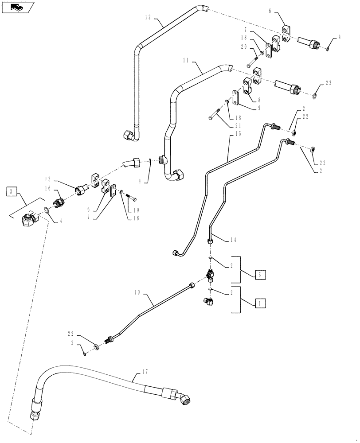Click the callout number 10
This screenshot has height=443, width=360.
(137, 293)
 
